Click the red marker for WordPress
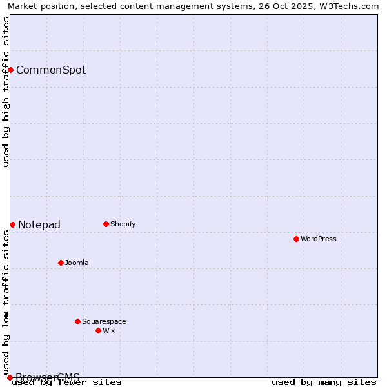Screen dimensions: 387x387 [x=296, y=239]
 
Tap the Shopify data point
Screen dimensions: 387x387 [x=106, y=224]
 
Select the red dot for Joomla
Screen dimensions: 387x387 [x=61, y=263]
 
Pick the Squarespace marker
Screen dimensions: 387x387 [x=77, y=321]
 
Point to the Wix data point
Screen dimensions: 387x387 [x=98, y=330]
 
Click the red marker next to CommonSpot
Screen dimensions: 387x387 [x=11, y=70]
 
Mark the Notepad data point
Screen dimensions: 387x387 [x=12, y=224]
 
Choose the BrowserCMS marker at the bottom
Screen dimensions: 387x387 [x=10, y=377]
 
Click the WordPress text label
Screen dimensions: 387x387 [x=319, y=239]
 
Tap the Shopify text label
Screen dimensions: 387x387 [x=123, y=224]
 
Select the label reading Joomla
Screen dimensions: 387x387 [x=77, y=263]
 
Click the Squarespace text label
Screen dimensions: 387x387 [x=104, y=321]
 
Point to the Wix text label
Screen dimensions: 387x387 [x=108, y=330]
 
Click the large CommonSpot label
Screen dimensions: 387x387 [x=51, y=70]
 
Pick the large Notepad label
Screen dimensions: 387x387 [x=39, y=224]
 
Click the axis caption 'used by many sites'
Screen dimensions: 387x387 [x=324, y=382]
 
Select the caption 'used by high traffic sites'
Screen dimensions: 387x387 [x=6, y=92]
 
